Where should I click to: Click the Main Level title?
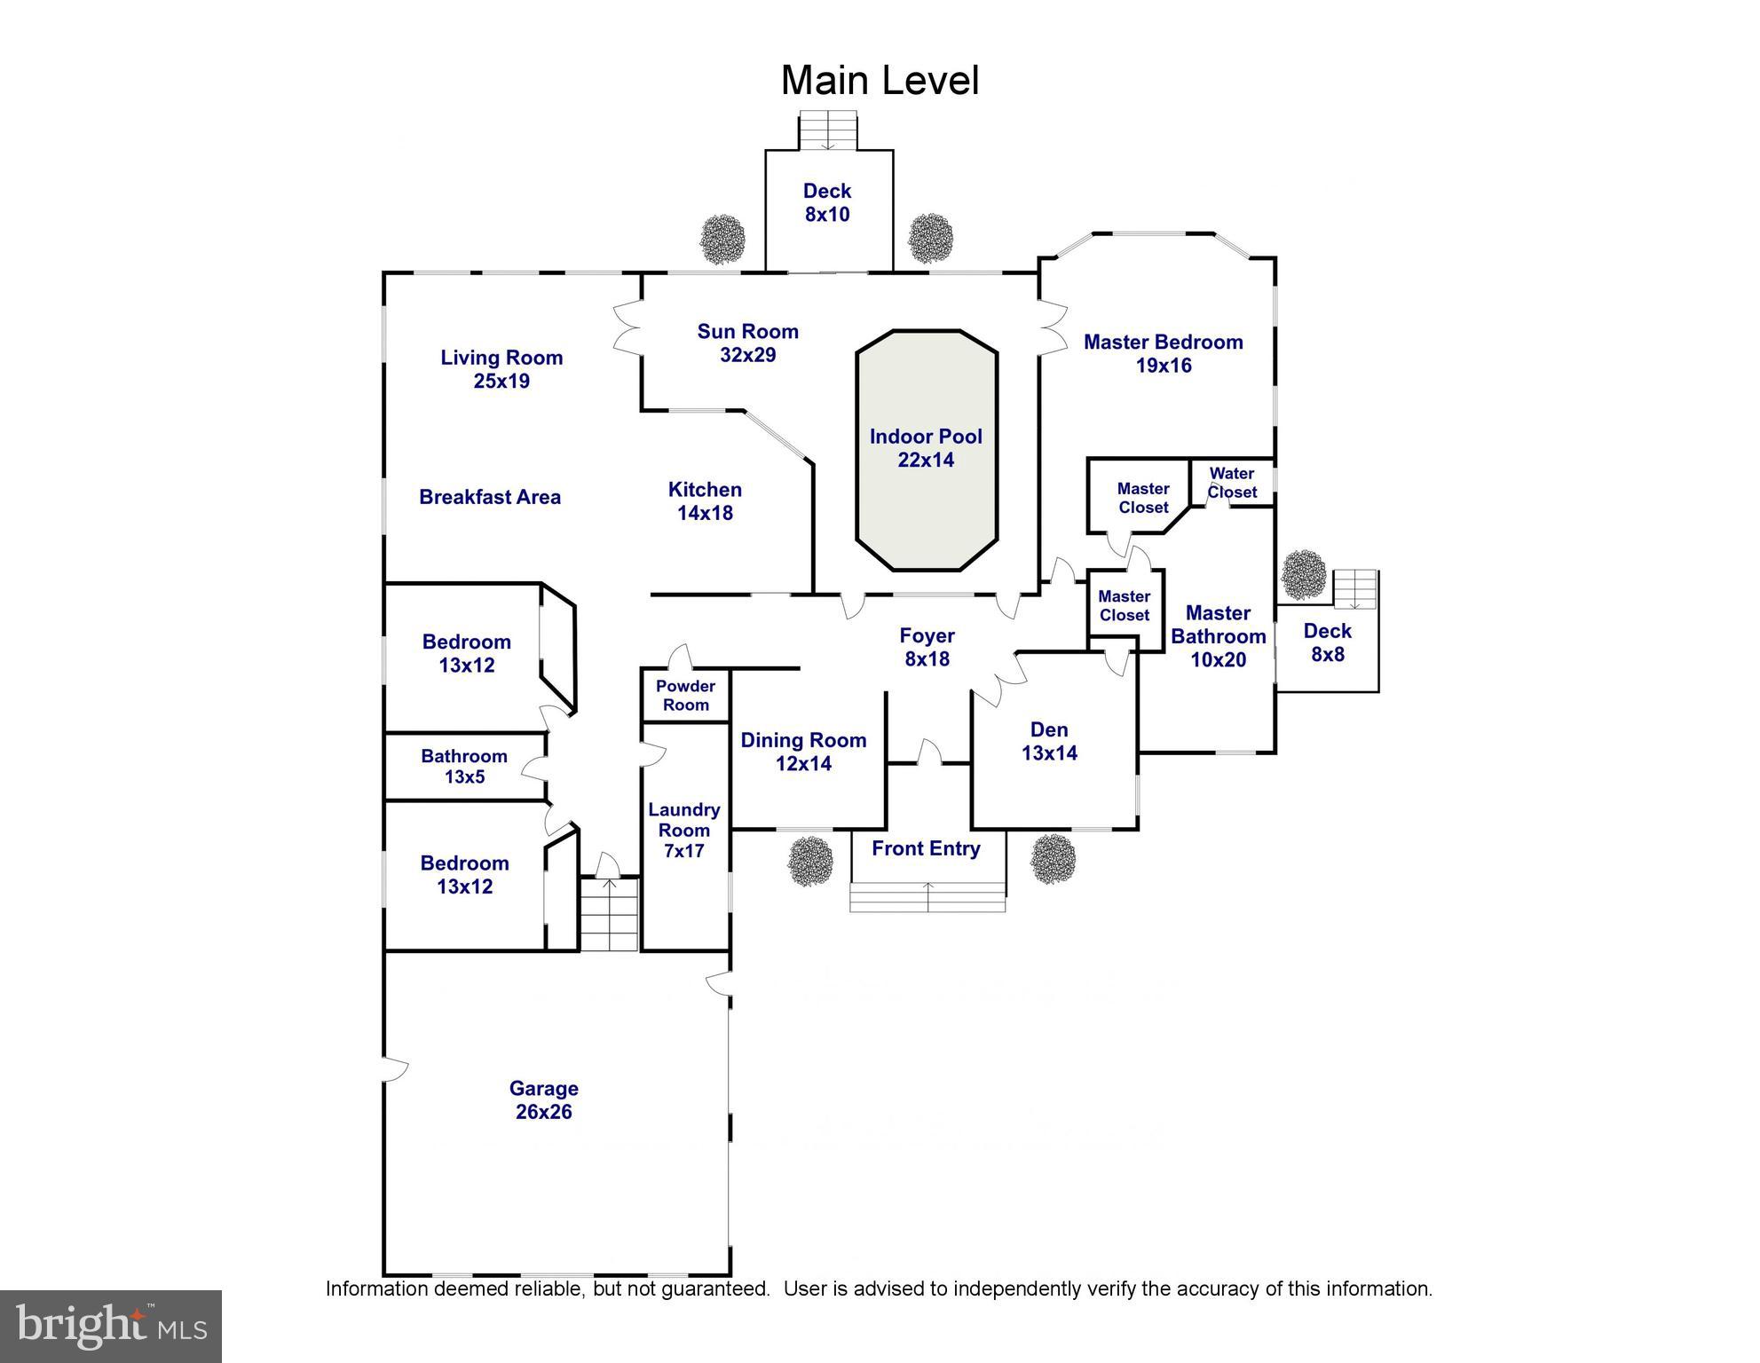[x=880, y=81]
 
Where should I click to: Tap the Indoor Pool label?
[x=926, y=448]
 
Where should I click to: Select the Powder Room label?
[x=685, y=696]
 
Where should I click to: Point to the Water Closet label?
[x=1232, y=483]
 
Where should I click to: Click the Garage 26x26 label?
[x=543, y=1100]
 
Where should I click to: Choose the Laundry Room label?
[x=683, y=830]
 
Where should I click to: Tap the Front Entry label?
[x=926, y=848]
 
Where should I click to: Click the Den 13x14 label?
[x=1049, y=741]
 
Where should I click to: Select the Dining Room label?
[x=803, y=752]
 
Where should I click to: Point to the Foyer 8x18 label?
[x=927, y=647]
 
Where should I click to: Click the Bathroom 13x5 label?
[x=464, y=767]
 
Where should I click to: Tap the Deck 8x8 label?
[x=1327, y=642]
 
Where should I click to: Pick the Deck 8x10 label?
[x=827, y=202]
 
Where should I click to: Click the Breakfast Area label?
[x=490, y=497]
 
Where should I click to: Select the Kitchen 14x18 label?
[x=705, y=500]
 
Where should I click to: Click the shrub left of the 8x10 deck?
[x=722, y=238]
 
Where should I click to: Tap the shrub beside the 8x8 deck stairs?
[x=1304, y=574]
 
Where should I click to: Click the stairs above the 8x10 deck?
[x=828, y=130]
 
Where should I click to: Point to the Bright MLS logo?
[x=111, y=1326]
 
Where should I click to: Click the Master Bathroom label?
[x=1218, y=636]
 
